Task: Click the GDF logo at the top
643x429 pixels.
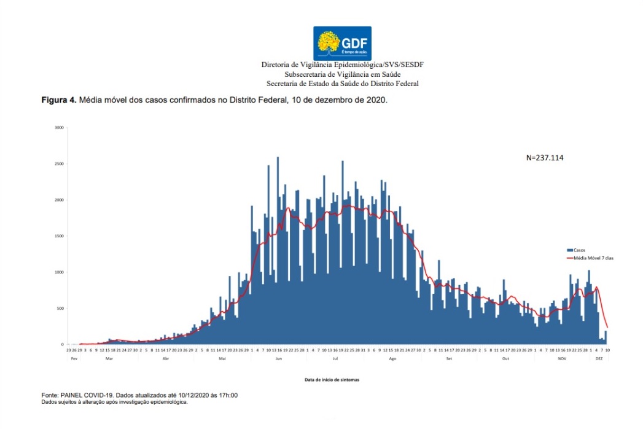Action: (342, 42)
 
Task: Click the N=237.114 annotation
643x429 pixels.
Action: (545, 158)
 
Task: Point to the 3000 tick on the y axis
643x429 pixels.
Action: (59, 128)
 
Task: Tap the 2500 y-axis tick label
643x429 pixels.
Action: (59, 164)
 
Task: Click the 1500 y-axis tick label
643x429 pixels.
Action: (59, 236)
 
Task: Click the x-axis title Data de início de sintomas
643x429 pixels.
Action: (332, 380)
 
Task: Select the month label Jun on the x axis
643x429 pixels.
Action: (279, 358)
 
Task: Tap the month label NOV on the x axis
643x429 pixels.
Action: (562, 358)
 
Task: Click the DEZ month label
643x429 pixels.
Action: (599, 358)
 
